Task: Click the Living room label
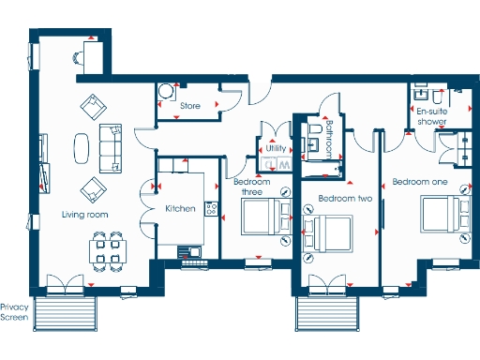click(x=84, y=215)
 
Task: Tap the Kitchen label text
click(x=180, y=208)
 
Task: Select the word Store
click(x=191, y=106)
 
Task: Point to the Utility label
click(x=276, y=148)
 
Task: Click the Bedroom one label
click(x=421, y=181)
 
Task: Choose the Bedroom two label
click(x=346, y=199)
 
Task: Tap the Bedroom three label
click(x=253, y=187)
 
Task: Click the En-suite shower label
click(x=431, y=116)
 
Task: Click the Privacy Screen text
click(x=15, y=312)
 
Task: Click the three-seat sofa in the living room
click(x=111, y=148)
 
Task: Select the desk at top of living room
click(x=90, y=58)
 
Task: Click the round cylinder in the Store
click(x=165, y=92)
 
